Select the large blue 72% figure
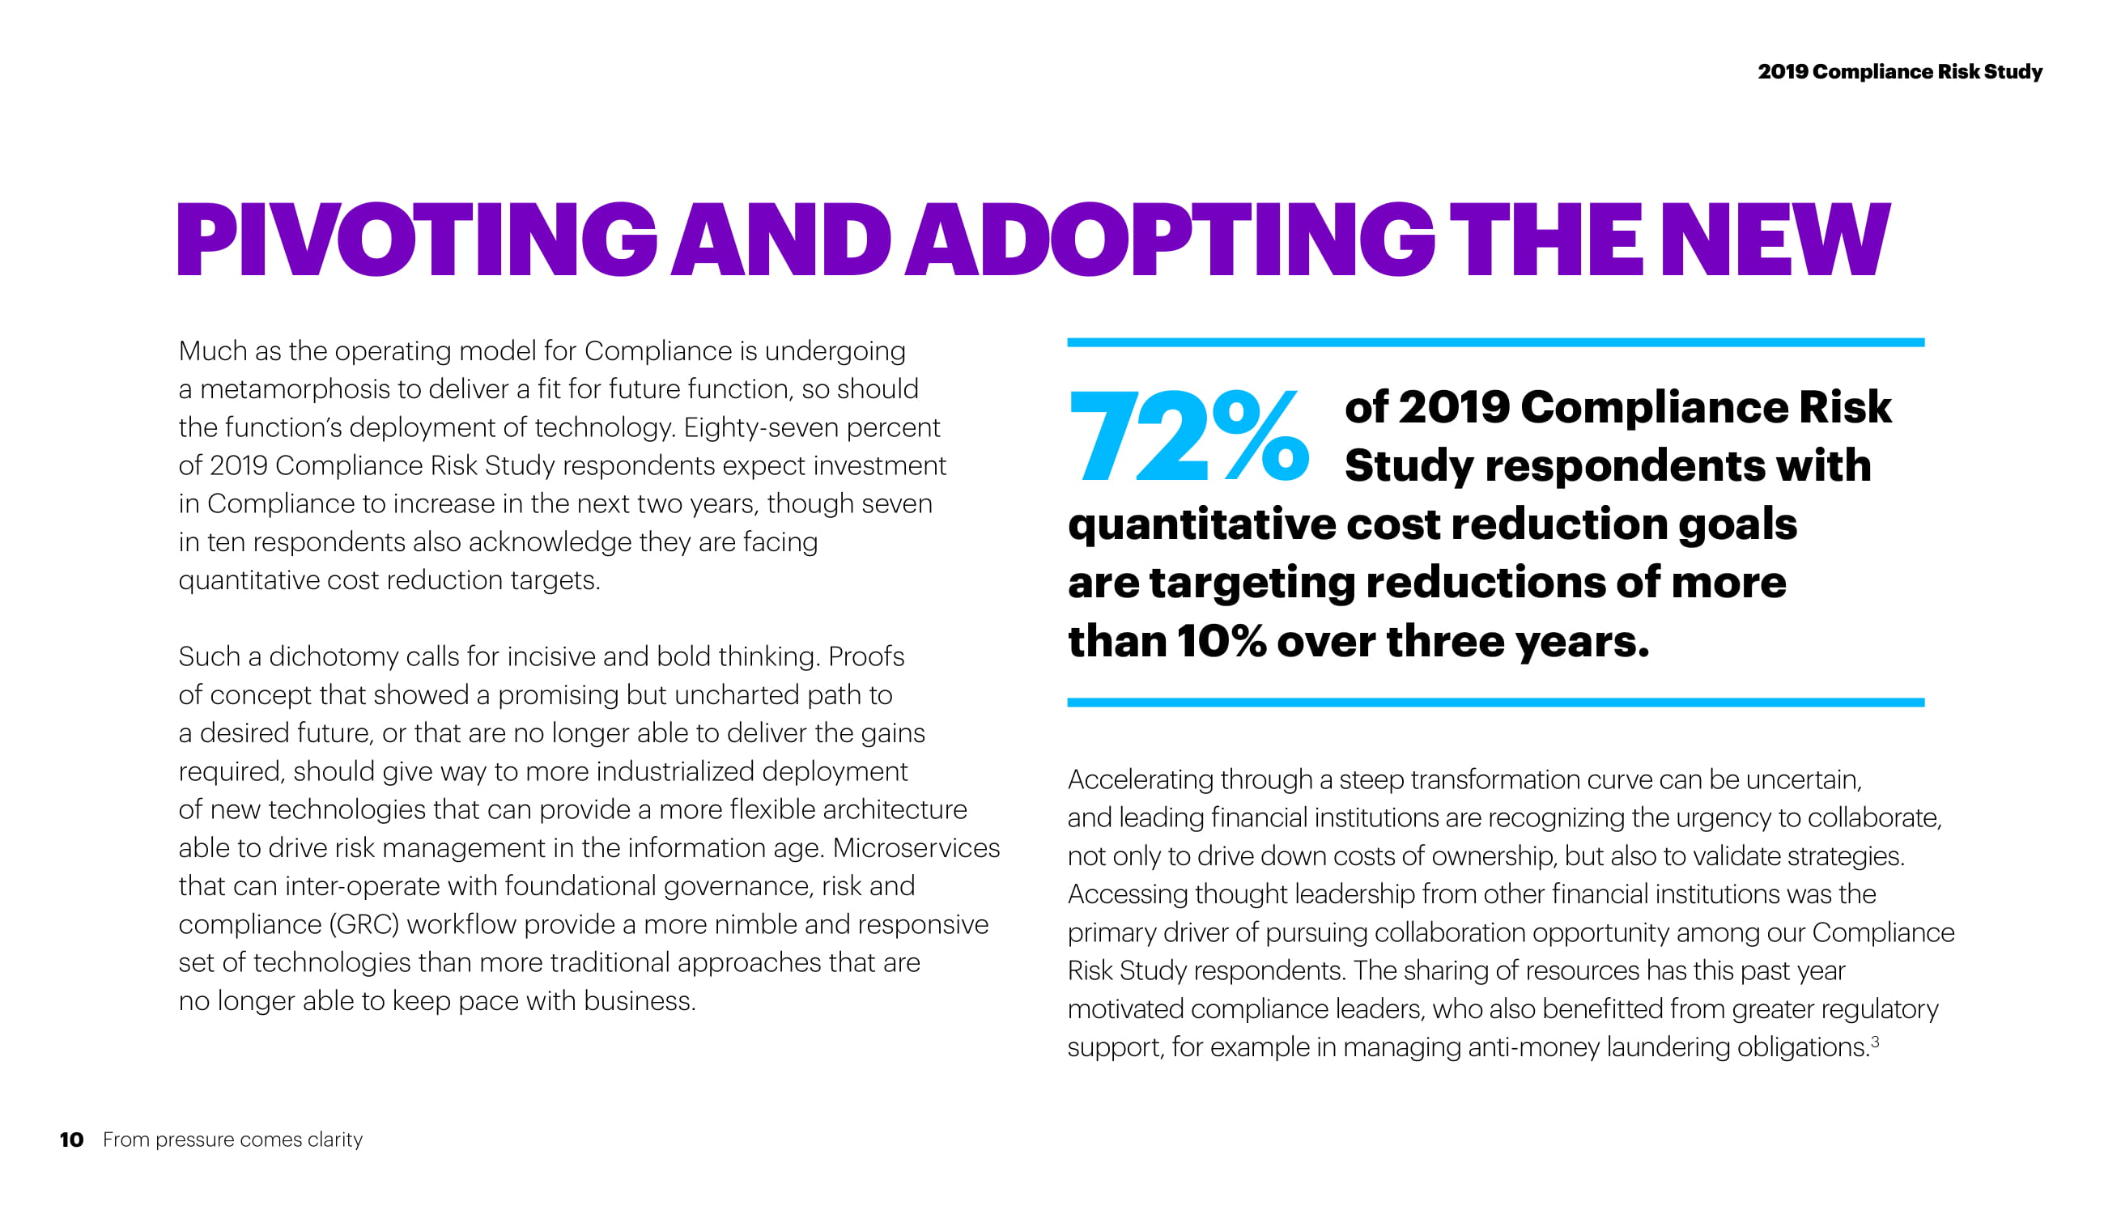[1189, 436]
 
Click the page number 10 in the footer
[72, 1140]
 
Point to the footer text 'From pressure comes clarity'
[232, 1140]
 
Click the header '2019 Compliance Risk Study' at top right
[1900, 72]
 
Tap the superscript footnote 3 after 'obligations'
[1875, 1042]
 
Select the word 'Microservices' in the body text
[916, 848]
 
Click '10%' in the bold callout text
[1222, 642]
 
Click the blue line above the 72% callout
[1495, 342]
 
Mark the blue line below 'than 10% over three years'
[1495, 703]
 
